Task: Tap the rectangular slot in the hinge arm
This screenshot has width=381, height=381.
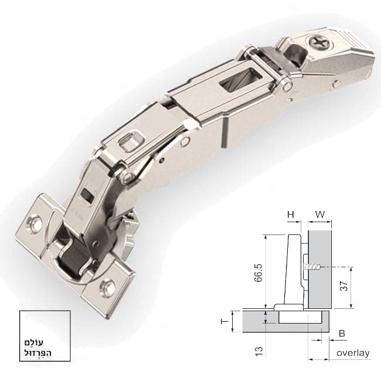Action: [241, 81]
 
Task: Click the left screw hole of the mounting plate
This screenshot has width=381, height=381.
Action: [34, 223]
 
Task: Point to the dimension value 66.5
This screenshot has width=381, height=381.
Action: [258, 273]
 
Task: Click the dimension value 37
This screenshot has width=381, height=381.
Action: [344, 286]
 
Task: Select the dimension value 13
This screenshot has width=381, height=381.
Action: [259, 351]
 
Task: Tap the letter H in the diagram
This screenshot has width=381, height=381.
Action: [291, 215]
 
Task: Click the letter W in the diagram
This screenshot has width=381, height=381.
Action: [320, 215]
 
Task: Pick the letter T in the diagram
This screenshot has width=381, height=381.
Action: [225, 322]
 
